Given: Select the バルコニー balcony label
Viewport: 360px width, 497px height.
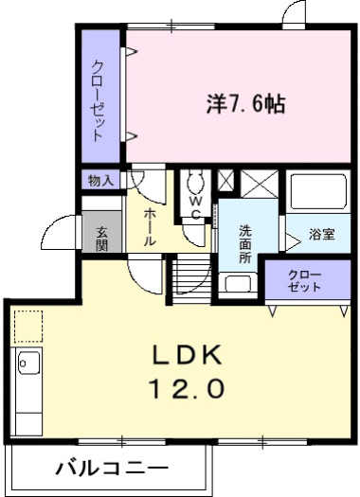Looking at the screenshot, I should (111, 468).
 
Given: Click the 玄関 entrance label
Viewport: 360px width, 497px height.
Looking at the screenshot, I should (99, 235).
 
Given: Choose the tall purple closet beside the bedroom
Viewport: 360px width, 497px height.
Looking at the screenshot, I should (99, 99).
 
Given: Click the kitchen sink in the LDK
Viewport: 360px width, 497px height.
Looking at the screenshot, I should (27, 363).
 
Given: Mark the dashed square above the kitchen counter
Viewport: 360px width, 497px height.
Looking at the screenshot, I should (28, 324).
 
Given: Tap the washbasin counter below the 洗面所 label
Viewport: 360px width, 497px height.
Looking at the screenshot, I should (238, 283).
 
